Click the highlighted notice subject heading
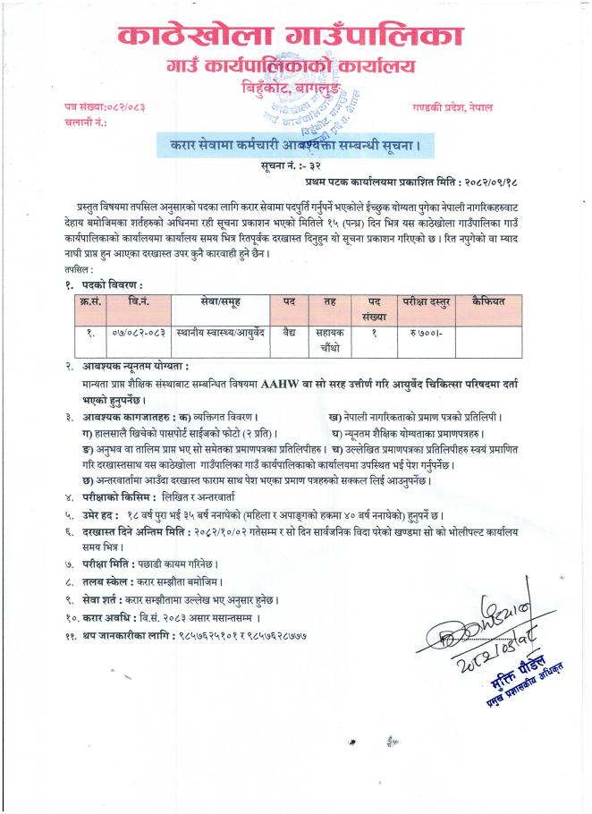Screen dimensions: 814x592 (295, 144)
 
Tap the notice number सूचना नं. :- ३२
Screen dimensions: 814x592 (295, 167)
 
